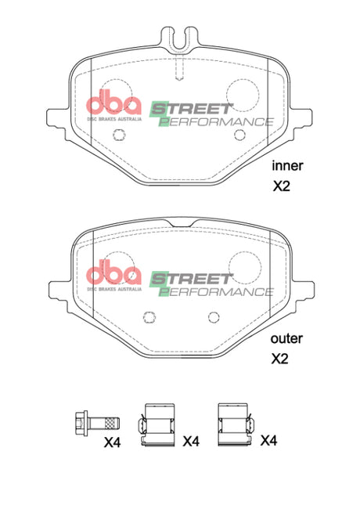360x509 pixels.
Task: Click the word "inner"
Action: click(x=287, y=165)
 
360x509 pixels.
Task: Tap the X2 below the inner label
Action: click(x=281, y=186)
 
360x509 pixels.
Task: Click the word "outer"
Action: click(x=287, y=339)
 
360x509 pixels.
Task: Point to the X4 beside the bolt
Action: click(x=113, y=442)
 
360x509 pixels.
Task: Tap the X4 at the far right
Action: click(x=268, y=441)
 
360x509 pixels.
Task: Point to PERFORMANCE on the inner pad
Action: click(x=217, y=122)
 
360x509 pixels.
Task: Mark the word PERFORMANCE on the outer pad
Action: click(x=217, y=291)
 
